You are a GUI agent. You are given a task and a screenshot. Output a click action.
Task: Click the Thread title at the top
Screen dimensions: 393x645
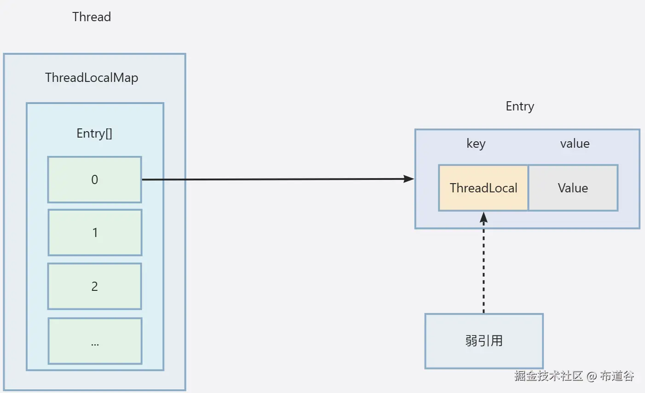92,17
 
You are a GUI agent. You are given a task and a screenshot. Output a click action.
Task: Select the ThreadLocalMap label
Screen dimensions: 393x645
92,77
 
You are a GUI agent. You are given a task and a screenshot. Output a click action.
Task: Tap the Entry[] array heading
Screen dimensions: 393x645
94,133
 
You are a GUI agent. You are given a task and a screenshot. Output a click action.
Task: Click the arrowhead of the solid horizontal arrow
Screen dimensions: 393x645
409,179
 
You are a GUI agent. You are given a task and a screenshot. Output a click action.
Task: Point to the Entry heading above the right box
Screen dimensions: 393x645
520,106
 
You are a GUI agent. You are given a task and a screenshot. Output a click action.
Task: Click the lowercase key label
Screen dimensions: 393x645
476,144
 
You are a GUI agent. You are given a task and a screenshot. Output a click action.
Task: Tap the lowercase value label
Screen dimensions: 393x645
575,144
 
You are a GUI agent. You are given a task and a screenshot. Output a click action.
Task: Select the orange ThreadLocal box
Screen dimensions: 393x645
484,188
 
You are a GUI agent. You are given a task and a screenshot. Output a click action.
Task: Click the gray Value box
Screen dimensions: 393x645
573,188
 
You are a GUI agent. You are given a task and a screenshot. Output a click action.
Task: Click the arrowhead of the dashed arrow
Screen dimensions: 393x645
484,217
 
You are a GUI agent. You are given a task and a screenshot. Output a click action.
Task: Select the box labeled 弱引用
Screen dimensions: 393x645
484,341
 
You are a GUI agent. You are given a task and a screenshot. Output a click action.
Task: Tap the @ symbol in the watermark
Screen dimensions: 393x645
592,376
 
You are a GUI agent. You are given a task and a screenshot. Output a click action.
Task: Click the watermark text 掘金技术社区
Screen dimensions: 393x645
548,376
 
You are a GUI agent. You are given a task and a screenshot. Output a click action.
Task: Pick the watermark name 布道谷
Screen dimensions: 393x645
617,376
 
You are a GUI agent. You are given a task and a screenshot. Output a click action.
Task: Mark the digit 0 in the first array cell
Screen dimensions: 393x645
95,179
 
